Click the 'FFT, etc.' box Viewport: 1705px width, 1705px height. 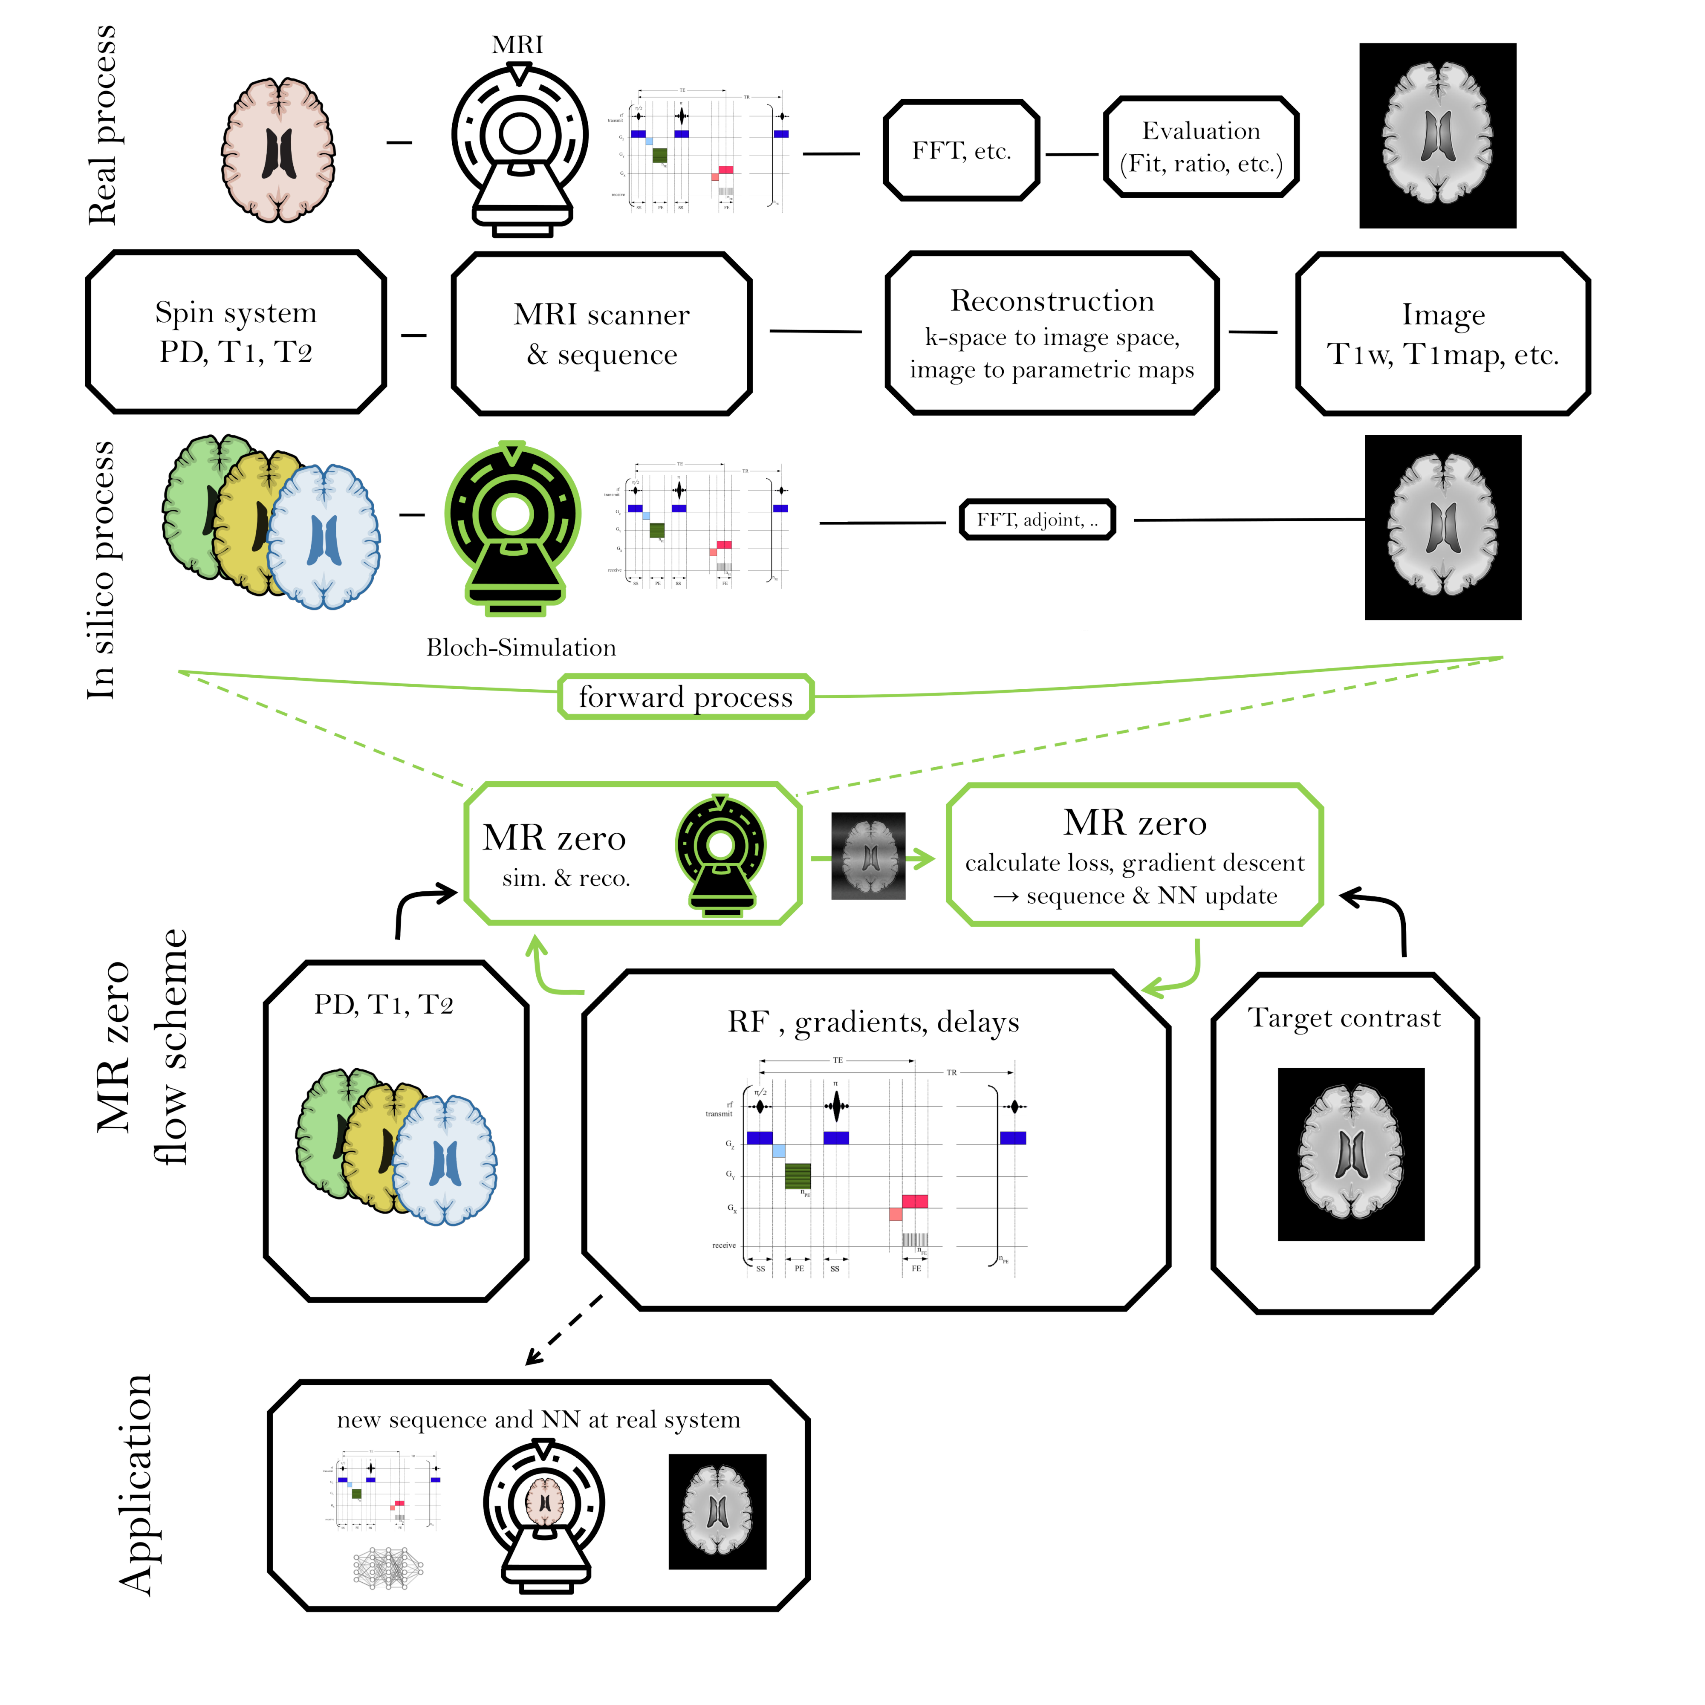click(961, 151)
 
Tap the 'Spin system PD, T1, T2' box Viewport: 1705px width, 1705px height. click(236, 332)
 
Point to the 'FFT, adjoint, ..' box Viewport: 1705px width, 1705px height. click(1037, 520)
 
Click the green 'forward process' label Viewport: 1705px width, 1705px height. click(686, 697)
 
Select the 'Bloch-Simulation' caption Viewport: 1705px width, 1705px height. click(521, 648)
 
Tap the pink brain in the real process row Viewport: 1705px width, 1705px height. click(278, 150)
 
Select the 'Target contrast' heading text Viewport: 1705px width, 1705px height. click(1344, 1018)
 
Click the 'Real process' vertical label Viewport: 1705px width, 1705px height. click(103, 125)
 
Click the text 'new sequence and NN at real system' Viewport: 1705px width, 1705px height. click(538, 1420)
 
